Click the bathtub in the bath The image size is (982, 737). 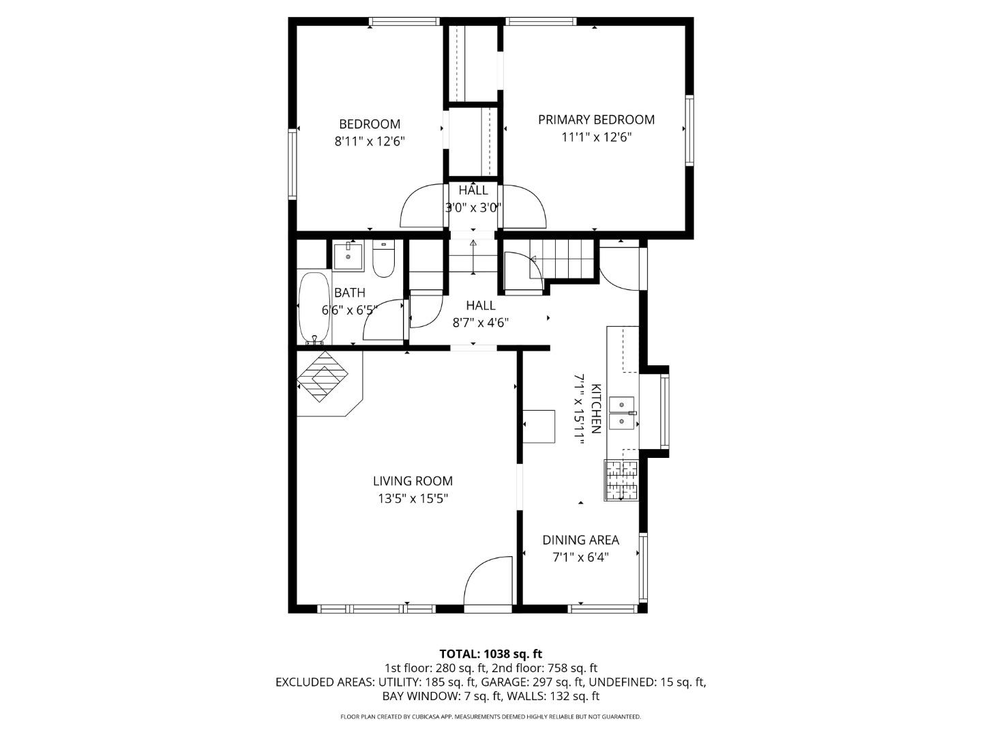click(314, 308)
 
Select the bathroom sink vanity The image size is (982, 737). click(348, 256)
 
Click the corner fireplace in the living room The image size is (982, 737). click(325, 379)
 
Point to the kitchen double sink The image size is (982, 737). click(621, 413)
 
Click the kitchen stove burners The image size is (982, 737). click(621, 480)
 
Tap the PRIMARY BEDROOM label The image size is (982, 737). click(596, 119)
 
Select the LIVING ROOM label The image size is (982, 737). click(413, 481)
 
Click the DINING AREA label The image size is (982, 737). click(580, 540)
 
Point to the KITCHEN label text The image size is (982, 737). click(595, 409)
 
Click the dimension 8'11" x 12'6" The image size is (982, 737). click(370, 141)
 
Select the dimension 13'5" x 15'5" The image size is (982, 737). click(413, 499)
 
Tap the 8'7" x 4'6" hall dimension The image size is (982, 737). click(480, 323)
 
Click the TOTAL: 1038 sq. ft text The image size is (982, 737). click(490, 654)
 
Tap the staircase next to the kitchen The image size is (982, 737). click(562, 259)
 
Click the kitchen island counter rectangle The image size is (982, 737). click(539, 427)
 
